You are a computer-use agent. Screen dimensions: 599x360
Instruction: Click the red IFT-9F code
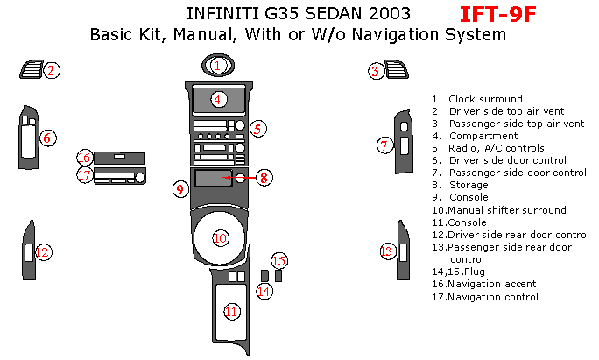497,15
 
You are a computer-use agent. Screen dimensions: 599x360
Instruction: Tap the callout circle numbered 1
217,66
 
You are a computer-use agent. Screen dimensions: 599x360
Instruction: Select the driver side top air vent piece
32,69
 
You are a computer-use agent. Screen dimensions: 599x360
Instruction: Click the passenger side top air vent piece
397,69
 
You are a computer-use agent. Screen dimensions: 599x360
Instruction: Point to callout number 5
257,129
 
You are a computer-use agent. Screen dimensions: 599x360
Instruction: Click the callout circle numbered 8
264,178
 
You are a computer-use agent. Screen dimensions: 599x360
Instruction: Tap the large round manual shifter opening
220,237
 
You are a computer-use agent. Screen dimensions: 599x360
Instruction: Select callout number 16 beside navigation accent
84,158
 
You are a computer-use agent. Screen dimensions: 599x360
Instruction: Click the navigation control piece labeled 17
120,176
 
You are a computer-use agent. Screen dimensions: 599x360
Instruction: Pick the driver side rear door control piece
29,251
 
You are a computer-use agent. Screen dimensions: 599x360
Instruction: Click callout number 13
387,251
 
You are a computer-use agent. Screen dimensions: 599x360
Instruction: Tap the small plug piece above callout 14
264,276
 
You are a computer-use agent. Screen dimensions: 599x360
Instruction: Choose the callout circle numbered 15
279,261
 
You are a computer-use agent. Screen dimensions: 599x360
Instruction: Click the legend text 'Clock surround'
485,99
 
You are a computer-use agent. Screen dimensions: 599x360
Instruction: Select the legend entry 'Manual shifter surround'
506,210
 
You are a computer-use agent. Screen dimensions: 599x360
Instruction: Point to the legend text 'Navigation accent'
491,284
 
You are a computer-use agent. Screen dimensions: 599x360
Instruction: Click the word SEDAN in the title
333,14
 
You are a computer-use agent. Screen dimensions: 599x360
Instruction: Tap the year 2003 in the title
390,14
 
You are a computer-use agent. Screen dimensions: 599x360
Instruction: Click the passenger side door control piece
404,141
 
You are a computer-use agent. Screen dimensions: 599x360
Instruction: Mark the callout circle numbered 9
180,189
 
